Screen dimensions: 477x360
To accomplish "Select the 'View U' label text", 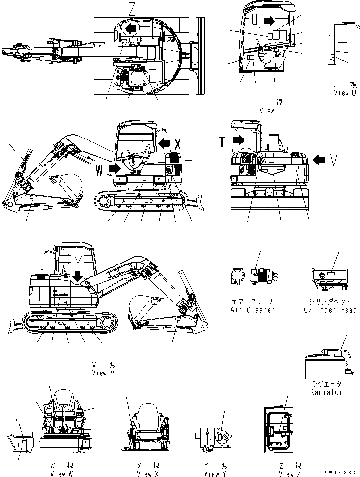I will coord(345,93).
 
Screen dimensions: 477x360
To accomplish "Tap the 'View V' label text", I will coord(103,373).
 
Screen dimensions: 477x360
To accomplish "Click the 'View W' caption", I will coord(61,474).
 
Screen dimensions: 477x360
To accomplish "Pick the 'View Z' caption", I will coord(290,474).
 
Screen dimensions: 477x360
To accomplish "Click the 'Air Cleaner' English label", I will coord(253,310).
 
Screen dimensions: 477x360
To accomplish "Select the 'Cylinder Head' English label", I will coord(330,310).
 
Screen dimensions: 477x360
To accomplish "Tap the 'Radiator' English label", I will coord(326,392).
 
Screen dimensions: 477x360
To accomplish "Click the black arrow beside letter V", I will coord(319,160).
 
